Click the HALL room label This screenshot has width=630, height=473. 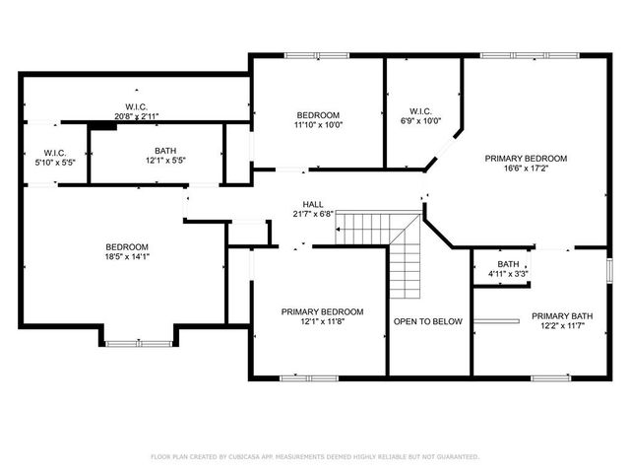313,204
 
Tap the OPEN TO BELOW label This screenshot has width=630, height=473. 427,321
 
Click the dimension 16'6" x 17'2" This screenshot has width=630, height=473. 526,169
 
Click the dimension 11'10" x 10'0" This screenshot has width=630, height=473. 317,125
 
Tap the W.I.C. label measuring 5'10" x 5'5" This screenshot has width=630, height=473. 54,163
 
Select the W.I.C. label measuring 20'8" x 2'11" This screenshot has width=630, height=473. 137,116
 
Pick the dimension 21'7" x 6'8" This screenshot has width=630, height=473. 313,214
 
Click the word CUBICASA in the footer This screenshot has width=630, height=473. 250,457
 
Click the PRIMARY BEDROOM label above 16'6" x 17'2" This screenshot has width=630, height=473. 526,159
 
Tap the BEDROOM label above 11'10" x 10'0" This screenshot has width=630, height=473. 317,115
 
